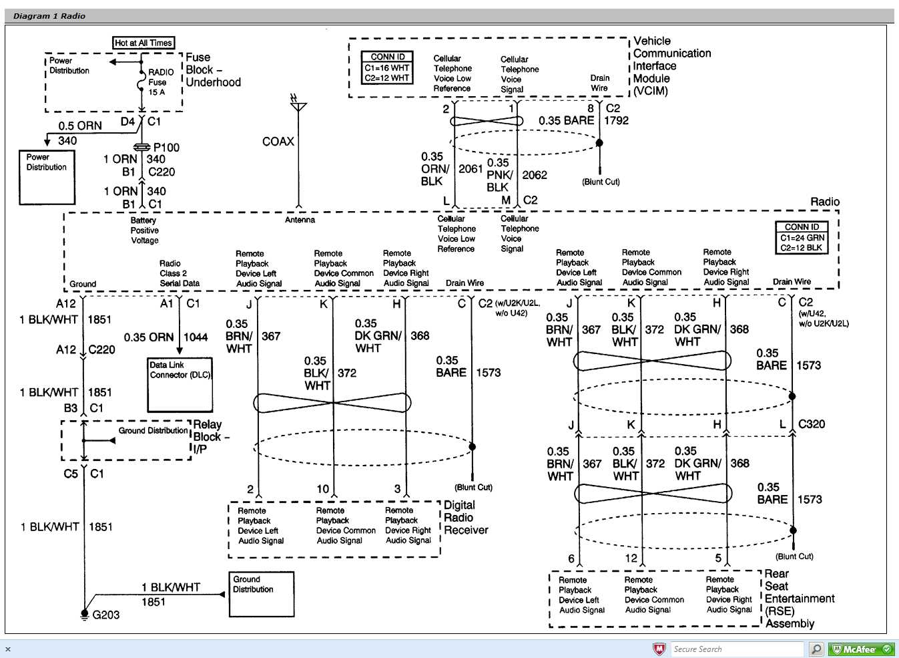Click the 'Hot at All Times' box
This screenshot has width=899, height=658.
[143, 43]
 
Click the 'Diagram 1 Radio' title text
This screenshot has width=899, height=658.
[49, 16]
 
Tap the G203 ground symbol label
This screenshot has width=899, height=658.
[105, 615]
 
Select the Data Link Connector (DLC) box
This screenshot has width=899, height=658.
[180, 385]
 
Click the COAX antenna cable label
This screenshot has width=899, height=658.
[278, 142]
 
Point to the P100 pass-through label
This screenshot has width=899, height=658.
[166, 147]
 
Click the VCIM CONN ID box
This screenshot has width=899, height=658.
[387, 67]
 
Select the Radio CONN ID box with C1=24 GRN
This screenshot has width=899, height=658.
[802, 237]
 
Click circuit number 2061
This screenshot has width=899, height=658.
[471, 169]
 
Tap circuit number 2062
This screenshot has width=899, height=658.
[535, 175]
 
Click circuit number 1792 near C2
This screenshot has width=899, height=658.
[616, 121]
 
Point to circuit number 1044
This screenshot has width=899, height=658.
[196, 337]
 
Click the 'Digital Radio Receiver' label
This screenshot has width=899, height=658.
[465, 518]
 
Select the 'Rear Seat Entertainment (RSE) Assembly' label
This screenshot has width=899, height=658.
[798, 599]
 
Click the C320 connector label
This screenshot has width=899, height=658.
[812, 424]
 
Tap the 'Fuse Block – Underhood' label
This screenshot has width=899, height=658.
[212, 70]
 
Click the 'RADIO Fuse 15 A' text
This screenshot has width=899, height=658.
[160, 81]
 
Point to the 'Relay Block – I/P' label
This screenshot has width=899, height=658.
[210, 437]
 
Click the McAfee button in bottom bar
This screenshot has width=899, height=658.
[861, 649]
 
